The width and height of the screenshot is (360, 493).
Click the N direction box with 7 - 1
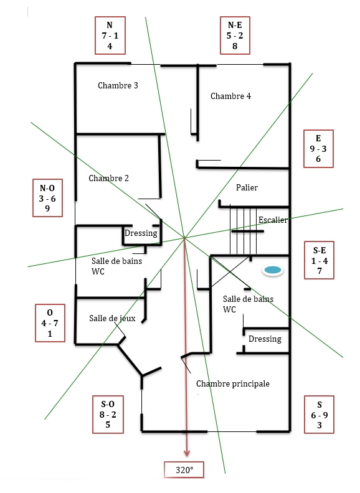click(x=110, y=35)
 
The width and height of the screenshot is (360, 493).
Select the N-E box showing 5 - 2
click(x=235, y=35)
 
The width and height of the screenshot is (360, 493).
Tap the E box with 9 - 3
click(x=318, y=149)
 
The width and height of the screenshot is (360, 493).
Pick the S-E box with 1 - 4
click(x=319, y=260)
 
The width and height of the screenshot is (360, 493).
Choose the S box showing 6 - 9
click(x=319, y=415)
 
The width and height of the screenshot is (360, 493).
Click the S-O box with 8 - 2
click(x=108, y=415)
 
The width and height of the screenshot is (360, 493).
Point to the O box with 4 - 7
click(x=50, y=323)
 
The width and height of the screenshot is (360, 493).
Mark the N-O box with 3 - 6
click(x=47, y=198)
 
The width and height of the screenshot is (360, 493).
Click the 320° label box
click(x=184, y=470)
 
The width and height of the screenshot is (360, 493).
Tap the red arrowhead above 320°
click(x=187, y=453)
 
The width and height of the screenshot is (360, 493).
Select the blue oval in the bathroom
click(x=273, y=270)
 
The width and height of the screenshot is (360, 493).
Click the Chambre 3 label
click(x=118, y=85)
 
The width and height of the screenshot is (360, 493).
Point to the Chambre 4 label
click(x=230, y=96)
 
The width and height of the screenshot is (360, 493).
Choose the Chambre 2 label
click(x=108, y=178)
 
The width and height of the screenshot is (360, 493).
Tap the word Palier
click(x=247, y=188)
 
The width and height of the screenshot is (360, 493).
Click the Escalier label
click(x=273, y=220)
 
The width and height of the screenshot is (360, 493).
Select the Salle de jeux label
click(x=112, y=319)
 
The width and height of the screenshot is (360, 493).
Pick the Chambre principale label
click(x=233, y=384)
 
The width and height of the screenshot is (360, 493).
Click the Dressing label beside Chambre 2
click(x=141, y=233)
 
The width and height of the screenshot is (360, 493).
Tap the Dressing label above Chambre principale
click(x=265, y=339)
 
